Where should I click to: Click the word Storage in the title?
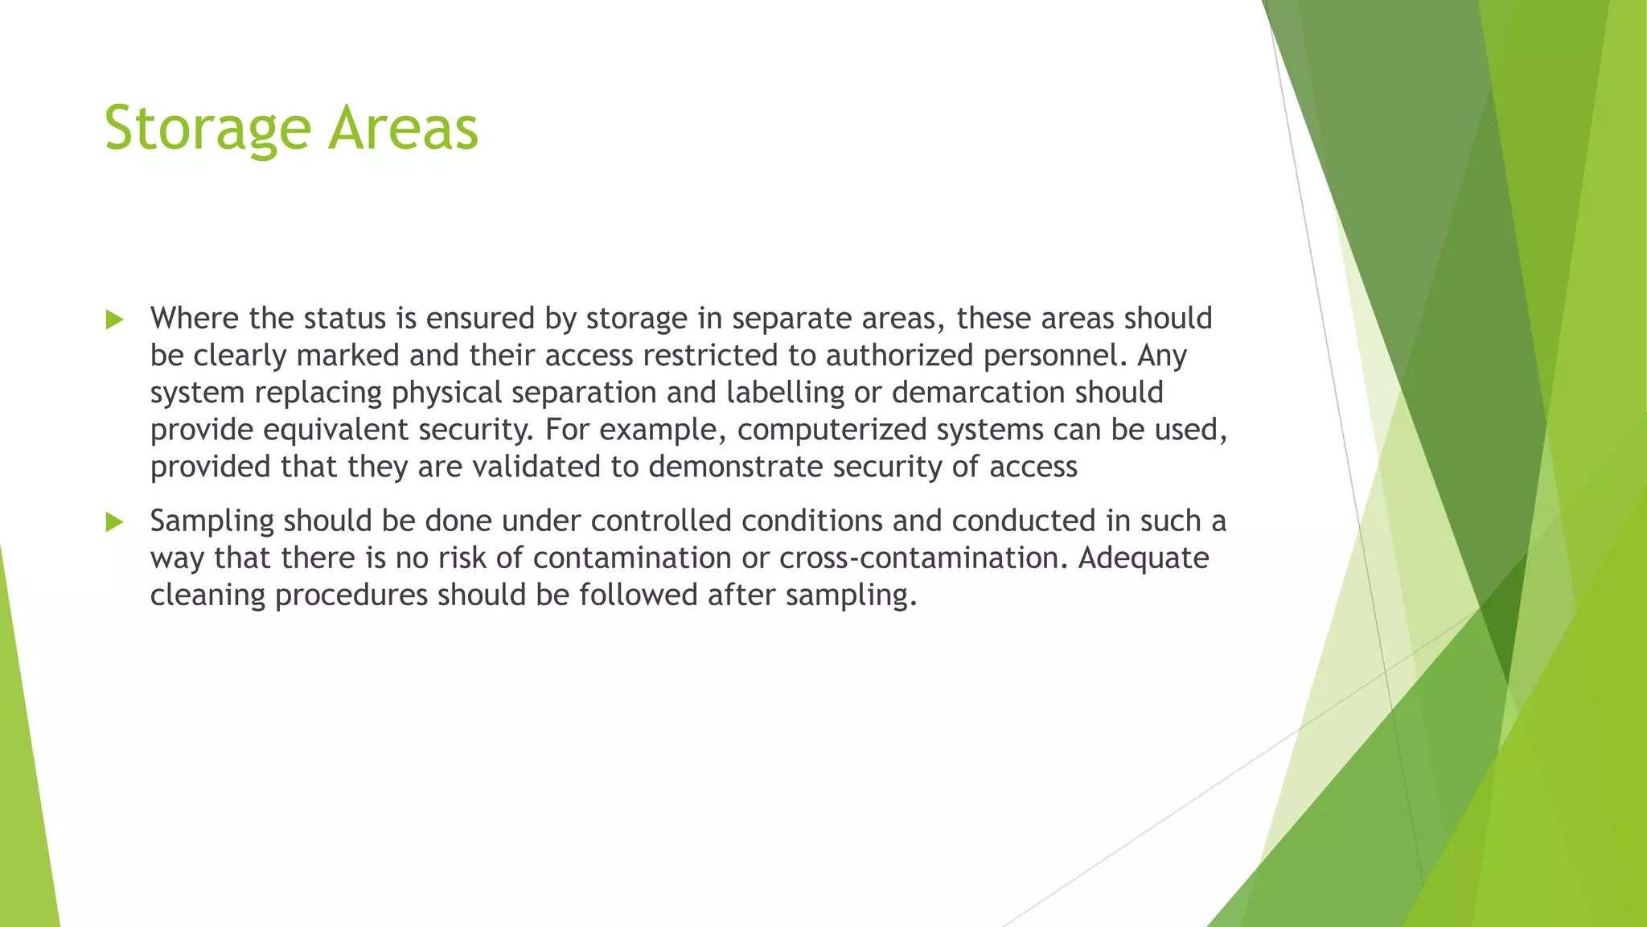click(207, 129)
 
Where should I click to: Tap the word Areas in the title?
click(403, 129)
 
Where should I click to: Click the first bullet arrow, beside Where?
click(114, 319)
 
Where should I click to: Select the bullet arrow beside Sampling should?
click(114, 522)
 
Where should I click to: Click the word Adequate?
click(1143, 558)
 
